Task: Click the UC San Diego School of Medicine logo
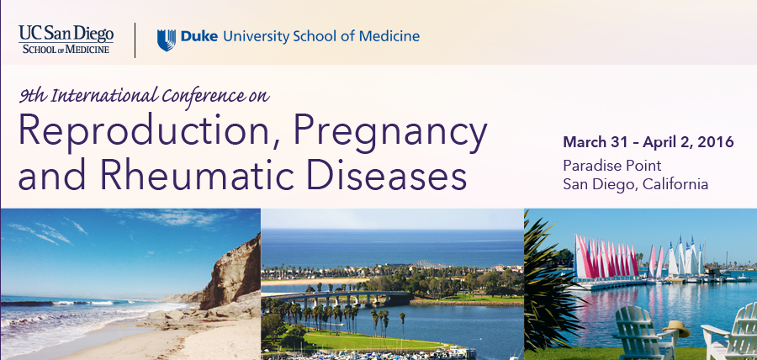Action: (x=66, y=39)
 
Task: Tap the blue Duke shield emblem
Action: (x=166, y=40)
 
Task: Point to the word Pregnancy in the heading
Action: (x=390, y=133)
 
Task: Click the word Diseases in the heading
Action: (x=387, y=175)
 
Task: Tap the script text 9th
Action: (x=32, y=96)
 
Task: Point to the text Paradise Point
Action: (x=611, y=166)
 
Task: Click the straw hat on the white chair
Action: (x=676, y=330)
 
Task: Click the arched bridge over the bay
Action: (x=338, y=297)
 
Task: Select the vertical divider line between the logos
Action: (x=135, y=40)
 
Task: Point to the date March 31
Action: (x=595, y=142)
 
